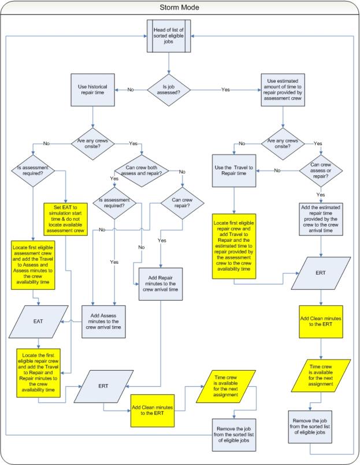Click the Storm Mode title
[179, 8]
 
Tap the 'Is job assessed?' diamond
[179, 90]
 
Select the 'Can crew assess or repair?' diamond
[321, 171]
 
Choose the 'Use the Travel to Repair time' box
[234, 171]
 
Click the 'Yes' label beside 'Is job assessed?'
[226, 90]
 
